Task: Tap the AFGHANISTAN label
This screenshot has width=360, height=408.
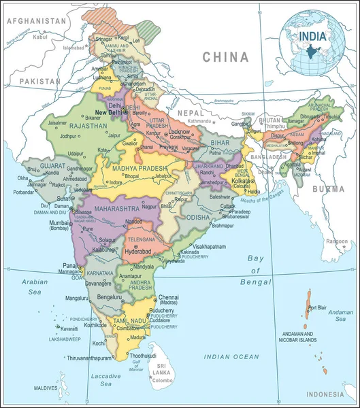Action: [x=37, y=21]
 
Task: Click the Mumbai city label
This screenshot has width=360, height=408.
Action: [x=59, y=222]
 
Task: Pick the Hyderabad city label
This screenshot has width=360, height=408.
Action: [x=140, y=251]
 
